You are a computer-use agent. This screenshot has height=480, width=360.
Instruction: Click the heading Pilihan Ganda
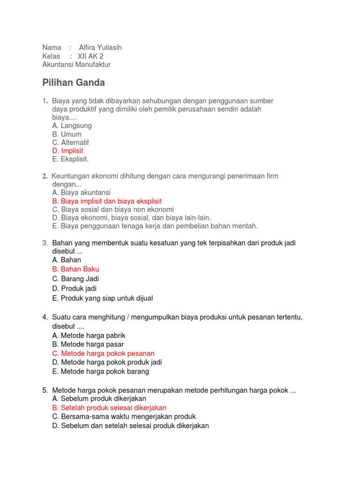tap(74, 83)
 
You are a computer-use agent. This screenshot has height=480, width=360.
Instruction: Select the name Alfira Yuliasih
tap(100, 47)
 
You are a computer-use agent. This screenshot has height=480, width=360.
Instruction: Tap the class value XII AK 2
tap(90, 56)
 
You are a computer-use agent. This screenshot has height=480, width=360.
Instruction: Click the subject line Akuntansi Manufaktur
tap(76, 65)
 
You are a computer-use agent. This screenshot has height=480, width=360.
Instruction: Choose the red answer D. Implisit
tap(67, 150)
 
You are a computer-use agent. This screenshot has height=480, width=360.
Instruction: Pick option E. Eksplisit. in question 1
tap(70, 159)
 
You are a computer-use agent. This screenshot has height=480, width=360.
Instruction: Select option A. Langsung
tap(72, 126)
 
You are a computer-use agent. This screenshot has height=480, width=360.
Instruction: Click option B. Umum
tap(67, 134)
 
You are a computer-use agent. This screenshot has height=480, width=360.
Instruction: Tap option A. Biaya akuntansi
tap(81, 192)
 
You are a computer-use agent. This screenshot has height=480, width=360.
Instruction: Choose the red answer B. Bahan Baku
tap(75, 269)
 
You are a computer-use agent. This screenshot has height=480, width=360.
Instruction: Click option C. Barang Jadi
tap(75, 279)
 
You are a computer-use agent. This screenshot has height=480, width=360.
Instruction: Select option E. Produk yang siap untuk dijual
tap(102, 298)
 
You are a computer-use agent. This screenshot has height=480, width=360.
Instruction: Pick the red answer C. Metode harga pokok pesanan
tap(103, 353)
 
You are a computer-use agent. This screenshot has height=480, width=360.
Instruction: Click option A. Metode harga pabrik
tap(89, 336)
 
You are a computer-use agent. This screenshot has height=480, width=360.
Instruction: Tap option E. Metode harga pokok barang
tap(100, 371)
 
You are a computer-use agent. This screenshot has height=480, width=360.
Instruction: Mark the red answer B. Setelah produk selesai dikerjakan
tap(109, 408)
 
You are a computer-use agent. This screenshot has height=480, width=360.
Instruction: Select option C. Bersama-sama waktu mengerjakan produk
tap(124, 416)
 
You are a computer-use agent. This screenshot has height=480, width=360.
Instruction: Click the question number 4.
tap(45, 318)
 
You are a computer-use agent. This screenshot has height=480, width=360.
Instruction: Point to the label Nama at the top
tap(52, 47)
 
